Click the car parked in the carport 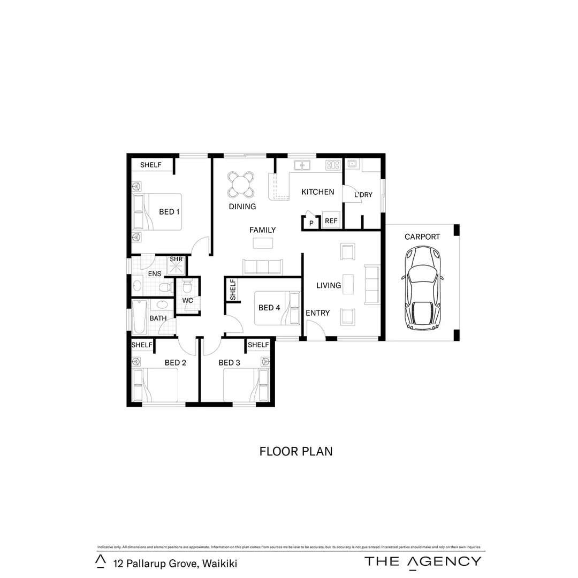422,289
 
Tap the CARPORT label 422,237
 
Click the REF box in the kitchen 331,220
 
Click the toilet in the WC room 187,287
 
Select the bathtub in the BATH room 139,317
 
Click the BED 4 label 269,308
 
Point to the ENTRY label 318,313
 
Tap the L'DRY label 363,195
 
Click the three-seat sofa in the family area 262,267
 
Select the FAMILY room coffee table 262,243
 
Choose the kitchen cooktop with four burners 333,165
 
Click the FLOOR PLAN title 296,451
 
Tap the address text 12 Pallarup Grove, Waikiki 175,563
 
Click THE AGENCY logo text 423,561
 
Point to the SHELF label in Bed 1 150,165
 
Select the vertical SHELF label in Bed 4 233,290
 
